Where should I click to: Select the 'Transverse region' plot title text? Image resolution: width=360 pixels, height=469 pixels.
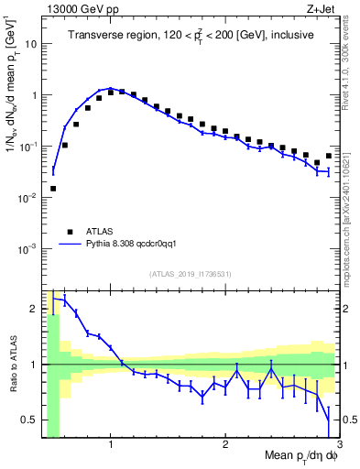[x=190, y=36]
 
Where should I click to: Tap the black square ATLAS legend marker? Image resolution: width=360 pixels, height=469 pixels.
[x=70, y=233]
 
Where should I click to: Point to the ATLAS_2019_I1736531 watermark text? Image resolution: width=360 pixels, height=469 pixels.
[x=191, y=274]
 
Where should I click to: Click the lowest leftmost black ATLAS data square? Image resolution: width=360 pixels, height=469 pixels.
[x=53, y=189]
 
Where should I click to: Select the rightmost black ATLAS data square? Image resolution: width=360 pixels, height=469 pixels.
[x=328, y=156]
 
